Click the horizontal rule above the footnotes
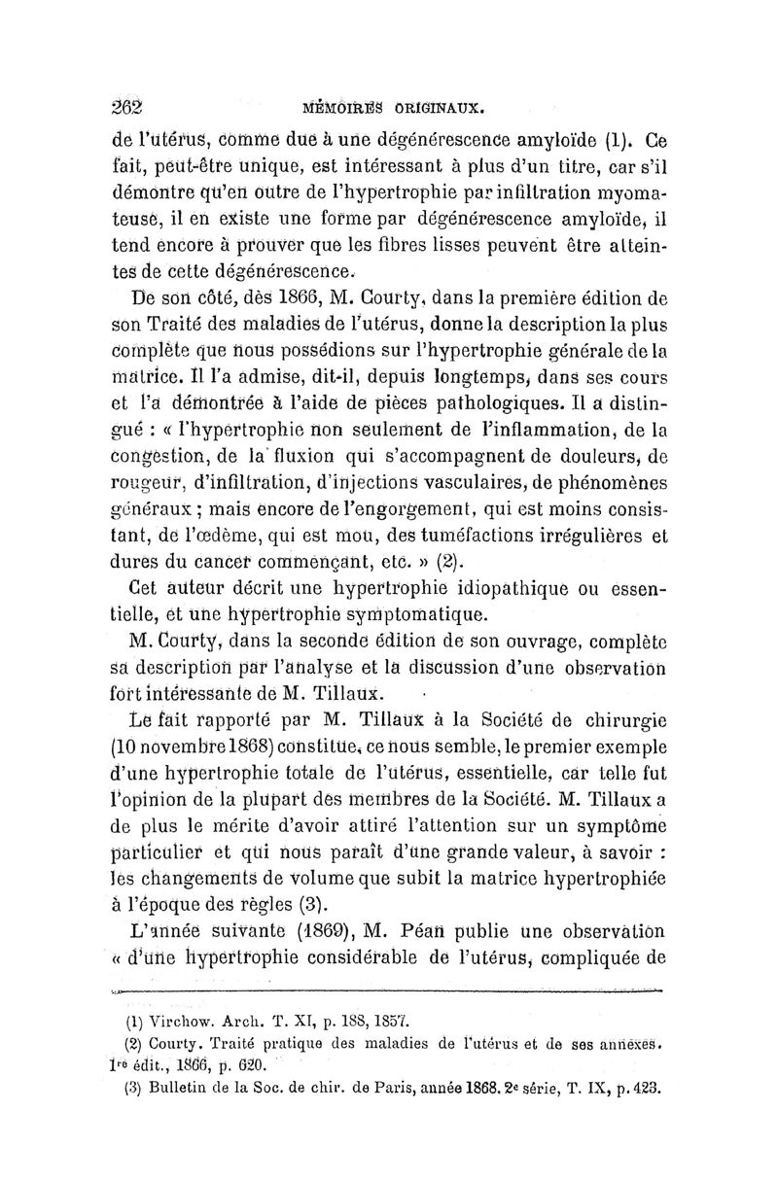click(x=389, y=992)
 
